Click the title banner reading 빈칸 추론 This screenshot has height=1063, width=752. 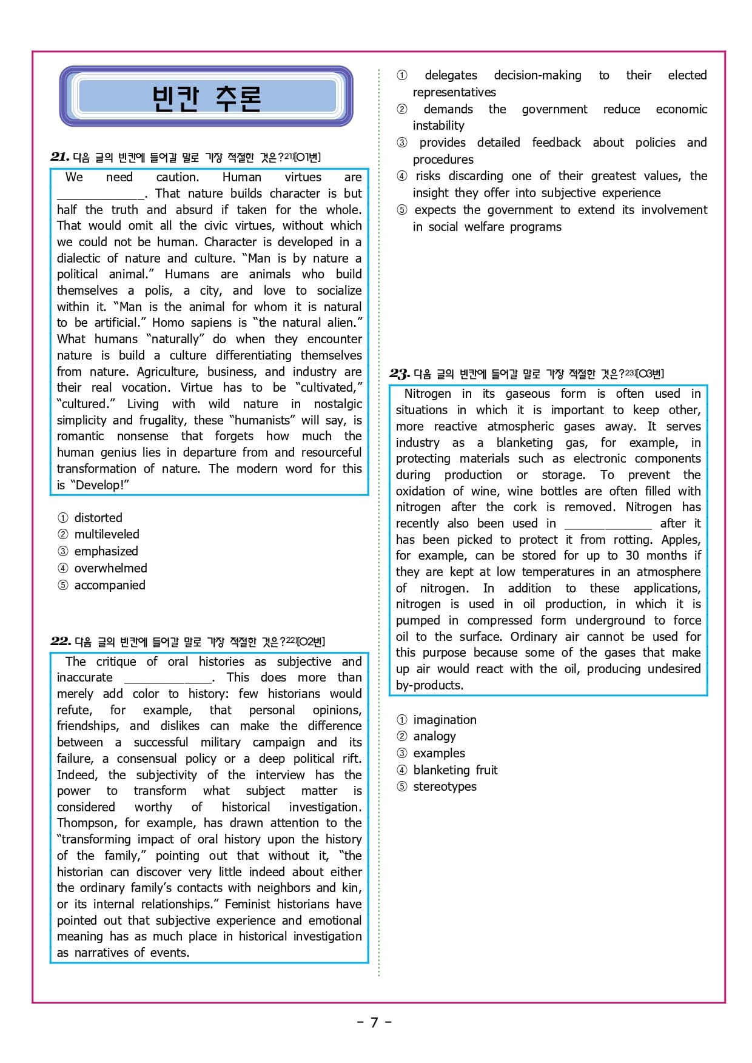coord(206,97)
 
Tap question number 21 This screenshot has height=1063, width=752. coord(59,157)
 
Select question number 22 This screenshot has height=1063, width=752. coord(61,641)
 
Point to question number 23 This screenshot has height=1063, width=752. coord(400,374)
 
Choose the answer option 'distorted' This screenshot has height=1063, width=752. coord(98,518)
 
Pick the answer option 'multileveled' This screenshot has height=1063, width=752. coord(106,534)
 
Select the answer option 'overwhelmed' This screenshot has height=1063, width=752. coord(110,568)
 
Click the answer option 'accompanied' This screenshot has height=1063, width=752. coord(109,585)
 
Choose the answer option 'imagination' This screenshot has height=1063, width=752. coord(445,720)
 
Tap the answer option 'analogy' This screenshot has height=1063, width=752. coord(434,736)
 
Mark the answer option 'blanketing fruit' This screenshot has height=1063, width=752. coord(455,770)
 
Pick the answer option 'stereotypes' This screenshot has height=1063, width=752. coord(445,786)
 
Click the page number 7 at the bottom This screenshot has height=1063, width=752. coord(374,1022)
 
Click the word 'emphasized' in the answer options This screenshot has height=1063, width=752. coord(106,551)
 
